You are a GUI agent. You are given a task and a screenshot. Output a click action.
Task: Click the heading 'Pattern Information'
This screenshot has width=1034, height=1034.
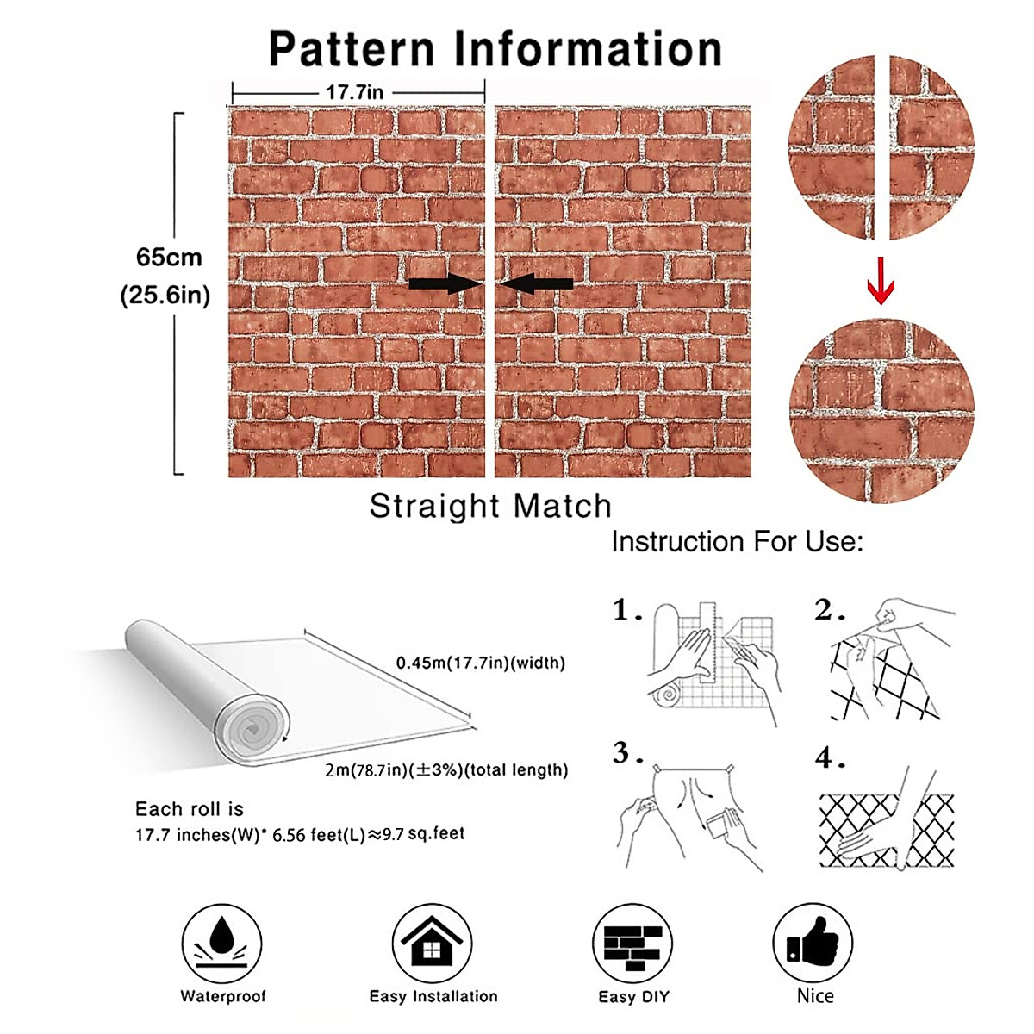[x=495, y=49]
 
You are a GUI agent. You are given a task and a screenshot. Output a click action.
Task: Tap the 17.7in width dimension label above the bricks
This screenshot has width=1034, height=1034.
[x=354, y=92]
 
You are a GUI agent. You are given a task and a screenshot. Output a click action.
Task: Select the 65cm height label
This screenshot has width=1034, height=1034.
[x=169, y=258]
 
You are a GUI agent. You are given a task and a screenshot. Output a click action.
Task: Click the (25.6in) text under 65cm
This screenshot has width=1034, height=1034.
[x=165, y=296]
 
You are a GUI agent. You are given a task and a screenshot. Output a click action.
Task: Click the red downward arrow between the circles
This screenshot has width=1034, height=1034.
[x=881, y=281]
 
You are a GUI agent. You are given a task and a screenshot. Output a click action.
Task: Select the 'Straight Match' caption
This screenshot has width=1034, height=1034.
[x=490, y=506]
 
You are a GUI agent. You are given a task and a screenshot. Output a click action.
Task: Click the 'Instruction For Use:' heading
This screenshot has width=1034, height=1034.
[x=737, y=542]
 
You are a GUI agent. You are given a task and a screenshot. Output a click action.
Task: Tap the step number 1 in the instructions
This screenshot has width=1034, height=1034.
[x=626, y=611]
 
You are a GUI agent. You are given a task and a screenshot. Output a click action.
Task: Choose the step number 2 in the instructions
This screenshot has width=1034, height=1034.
[x=829, y=611]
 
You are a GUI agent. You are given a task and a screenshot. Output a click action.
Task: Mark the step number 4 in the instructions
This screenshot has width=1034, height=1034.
[x=829, y=758]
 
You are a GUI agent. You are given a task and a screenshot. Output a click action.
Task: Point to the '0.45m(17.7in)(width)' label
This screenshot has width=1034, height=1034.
[x=480, y=663]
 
